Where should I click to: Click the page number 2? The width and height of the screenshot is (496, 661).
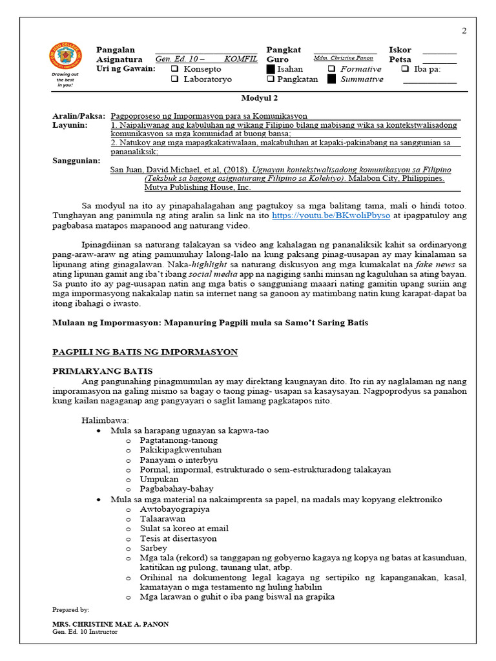click(x=464, y=31)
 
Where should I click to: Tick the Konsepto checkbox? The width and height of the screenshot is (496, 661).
click(x=174, y=69)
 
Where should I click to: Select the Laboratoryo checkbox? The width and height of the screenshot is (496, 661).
click(x=174, y=79)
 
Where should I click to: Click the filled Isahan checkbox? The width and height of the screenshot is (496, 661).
click(x=271, y=69)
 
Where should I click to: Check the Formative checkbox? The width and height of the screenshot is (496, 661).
click(x=331, y=69)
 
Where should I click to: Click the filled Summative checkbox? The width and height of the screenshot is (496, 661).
click(x=331, y=79)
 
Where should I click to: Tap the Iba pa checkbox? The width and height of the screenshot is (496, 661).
click(x=405, y=69)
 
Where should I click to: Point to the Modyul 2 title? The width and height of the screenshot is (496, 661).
click(x=259, y=98)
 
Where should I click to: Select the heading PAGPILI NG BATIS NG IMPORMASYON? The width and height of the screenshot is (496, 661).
click(x=145, y=352)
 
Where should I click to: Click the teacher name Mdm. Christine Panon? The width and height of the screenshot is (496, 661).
click(x=344, y=58)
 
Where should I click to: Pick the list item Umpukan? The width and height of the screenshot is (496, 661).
click(x=158, y=480)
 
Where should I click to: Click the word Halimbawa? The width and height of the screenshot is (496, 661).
click(x=105, y=420)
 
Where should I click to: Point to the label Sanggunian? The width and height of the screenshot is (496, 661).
click(x=76, y=160)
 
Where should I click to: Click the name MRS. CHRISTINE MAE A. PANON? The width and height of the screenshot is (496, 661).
click(x=110, y=624)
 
